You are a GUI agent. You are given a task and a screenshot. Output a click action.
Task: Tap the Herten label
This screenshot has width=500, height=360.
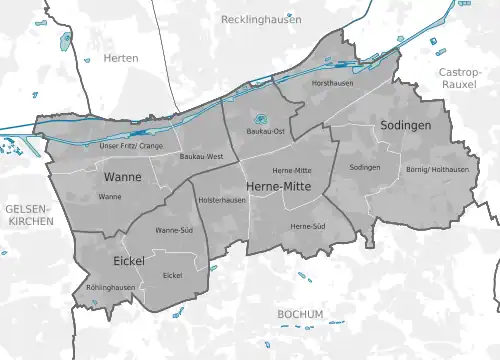[122, 58]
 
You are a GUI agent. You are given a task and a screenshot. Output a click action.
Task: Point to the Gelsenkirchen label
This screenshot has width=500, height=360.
[28, 213]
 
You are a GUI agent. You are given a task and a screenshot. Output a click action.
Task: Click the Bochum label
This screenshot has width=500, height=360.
[300, 314]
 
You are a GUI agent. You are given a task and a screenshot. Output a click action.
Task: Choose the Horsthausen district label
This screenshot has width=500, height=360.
[332, 83]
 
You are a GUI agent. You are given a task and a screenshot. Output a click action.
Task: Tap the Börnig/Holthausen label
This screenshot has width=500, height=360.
[437, 169]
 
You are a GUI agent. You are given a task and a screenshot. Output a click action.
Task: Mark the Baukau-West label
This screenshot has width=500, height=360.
[200, 157]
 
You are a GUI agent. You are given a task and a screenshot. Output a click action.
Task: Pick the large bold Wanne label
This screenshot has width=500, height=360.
[122, 177]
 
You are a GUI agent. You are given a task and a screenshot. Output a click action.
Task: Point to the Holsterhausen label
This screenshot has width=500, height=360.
[222, 201]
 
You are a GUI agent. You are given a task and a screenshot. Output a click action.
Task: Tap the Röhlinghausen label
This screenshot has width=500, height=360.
[110, 286]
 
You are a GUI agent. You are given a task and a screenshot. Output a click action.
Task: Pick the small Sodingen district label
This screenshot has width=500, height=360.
[365, 167]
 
